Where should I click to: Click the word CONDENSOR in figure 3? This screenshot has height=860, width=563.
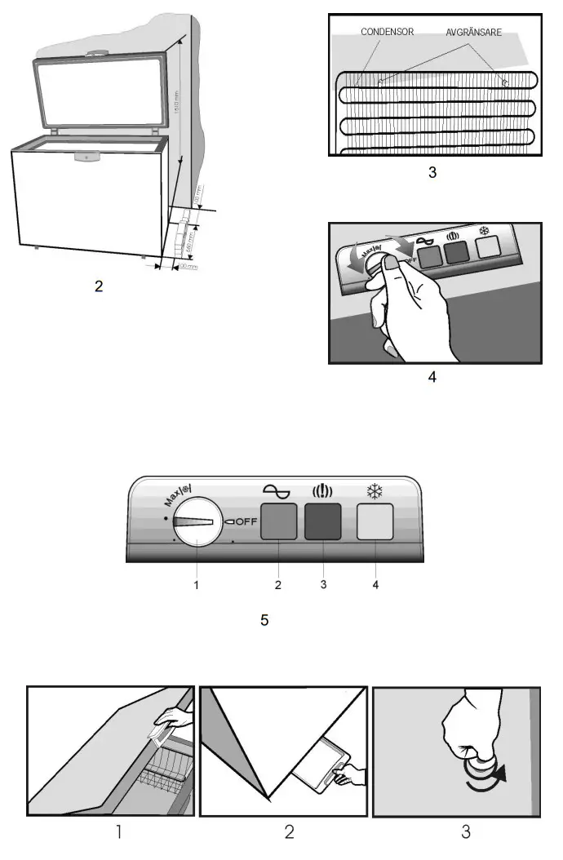pos(386,33)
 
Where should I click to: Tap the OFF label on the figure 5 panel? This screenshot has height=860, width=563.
pos(246,521)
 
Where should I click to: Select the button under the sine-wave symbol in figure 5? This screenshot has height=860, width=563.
pos(278,522)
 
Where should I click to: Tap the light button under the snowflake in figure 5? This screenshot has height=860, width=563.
pos(375,522)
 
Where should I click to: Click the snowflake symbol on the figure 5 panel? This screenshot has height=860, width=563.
pos(375,491)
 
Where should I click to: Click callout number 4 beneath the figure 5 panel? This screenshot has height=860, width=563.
pos(375,584)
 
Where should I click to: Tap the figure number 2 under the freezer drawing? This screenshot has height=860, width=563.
pos(99,287)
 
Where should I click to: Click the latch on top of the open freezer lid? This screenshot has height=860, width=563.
pos(95,54)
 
